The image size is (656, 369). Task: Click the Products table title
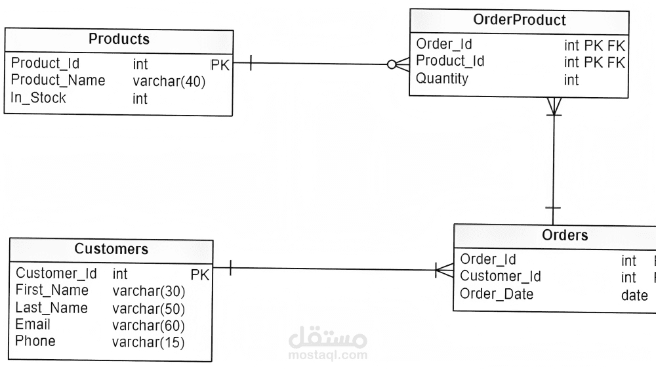(x=119, y=39)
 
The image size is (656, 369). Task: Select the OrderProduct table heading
(x=519, y=20)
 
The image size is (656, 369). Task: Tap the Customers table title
(x=112, y=249)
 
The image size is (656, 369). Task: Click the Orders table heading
(x=565, y=235)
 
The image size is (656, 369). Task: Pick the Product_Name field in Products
(x=58, y=81)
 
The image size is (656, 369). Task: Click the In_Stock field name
(x=39, y=98)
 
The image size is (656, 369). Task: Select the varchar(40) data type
(x=169, y=81)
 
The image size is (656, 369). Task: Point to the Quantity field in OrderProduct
(x=442, y=79)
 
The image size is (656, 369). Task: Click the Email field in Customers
(x=33, y=324)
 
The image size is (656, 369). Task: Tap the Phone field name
(x=35, y=341)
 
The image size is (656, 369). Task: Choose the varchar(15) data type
(x=148, y=342)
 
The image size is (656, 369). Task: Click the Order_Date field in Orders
(x=497, y=294)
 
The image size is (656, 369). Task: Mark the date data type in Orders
(x=634, y=295)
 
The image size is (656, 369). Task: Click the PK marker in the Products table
(x=220, y=64)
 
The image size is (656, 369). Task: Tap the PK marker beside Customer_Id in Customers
(x=199, y=274)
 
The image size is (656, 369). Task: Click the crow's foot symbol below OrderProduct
(x=554, y=105)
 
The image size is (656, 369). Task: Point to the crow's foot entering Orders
(x=444, y=269)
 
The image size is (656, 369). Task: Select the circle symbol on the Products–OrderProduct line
(x=392, y=64)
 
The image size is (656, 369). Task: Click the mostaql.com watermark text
(x=327, y=355)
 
